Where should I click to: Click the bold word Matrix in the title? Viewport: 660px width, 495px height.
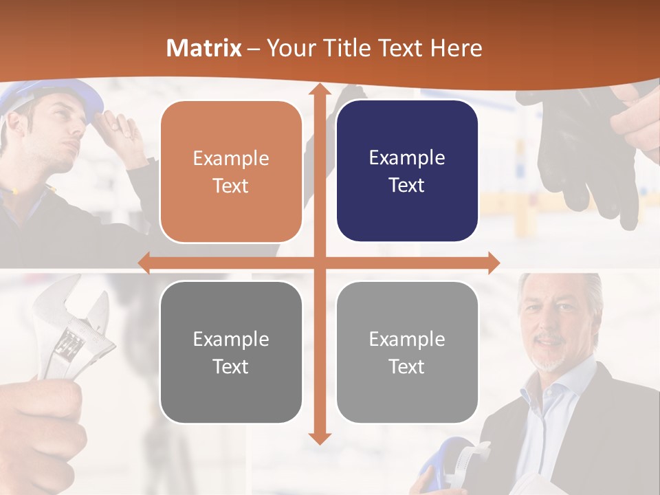pos(204,48)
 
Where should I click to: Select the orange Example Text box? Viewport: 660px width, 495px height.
pos(231,171)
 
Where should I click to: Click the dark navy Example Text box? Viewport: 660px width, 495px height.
pos(407,171)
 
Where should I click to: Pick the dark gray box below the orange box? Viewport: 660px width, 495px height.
pos(231,352)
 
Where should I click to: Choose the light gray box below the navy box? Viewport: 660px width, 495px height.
pos(407,352)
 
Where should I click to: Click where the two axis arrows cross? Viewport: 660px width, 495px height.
pos(319,263)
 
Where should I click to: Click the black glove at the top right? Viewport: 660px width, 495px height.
pos(584,151)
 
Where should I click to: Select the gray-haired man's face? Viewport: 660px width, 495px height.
pos(553,323)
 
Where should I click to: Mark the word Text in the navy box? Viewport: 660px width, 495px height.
pos(407,186)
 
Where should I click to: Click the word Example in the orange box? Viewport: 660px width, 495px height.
pos(231,158)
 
